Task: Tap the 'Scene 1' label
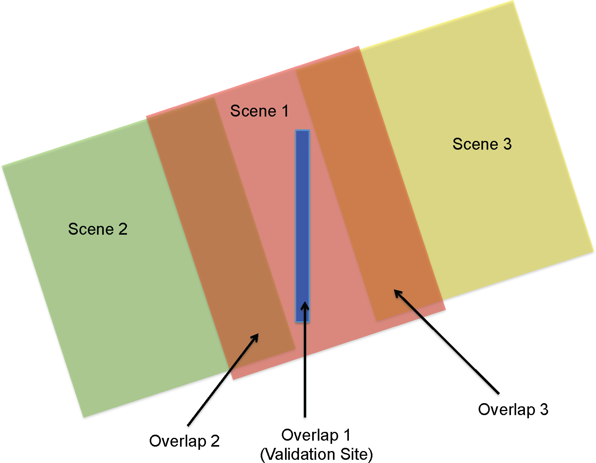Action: tap(259, 111)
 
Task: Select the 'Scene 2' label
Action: tap(98, 229)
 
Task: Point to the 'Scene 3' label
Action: tap(482, 144)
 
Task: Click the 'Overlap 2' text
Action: tap(184, 441)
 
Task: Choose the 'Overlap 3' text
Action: tap(513, 410)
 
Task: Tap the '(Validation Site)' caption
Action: tap(316, 454)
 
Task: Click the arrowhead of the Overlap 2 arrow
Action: tap(256, 336)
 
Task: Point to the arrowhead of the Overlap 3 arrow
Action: tap(396, 292)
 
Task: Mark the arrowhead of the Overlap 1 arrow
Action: tap(305, 305)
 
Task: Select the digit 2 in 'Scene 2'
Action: tap(123, 229)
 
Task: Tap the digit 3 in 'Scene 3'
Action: tap(507, 144)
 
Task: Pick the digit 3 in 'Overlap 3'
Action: tap(544, 410)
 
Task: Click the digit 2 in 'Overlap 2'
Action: tap(215, 441)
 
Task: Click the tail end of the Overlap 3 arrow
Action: tap(498, 393)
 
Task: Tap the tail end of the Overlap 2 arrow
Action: tap(188, 425)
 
